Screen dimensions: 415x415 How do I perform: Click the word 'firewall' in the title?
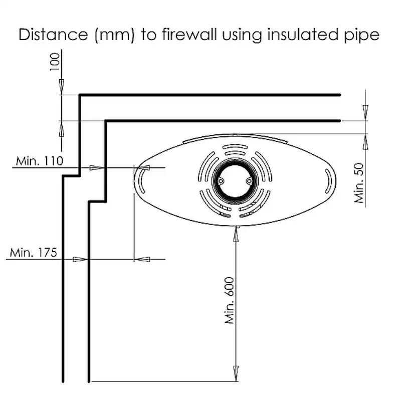187,36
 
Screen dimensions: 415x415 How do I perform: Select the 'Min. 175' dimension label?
33,252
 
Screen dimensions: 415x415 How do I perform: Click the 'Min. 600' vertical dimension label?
230,300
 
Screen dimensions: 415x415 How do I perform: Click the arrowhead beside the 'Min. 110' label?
94,167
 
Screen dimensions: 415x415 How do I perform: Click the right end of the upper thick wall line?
340,95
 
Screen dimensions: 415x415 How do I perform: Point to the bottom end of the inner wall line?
89,381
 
